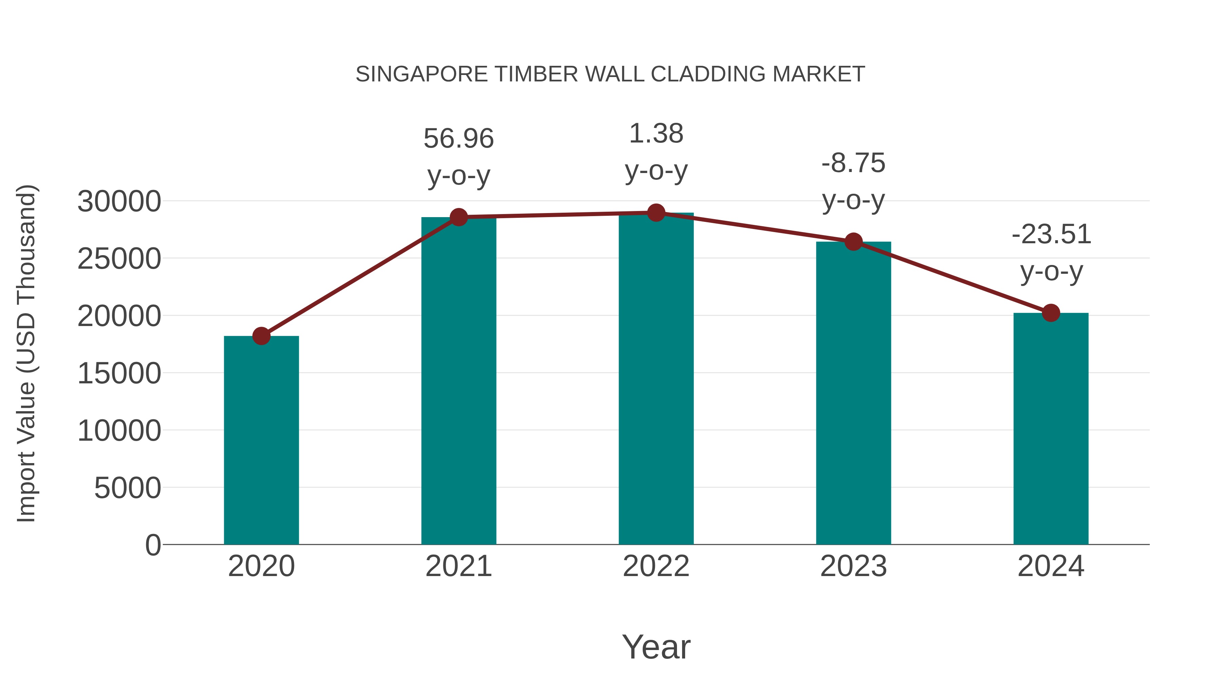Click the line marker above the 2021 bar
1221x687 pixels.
tap(459, 217)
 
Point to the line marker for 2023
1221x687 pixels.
tap(853, 242)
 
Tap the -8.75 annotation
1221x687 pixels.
tap(853, 163)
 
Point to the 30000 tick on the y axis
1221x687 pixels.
tap(119, 202)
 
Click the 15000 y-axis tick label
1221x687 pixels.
tap(119, 374)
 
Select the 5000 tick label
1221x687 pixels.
tap(128, 488)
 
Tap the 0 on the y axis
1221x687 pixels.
tap(153, 545)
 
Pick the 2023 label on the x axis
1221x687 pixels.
tap(853, 566)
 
